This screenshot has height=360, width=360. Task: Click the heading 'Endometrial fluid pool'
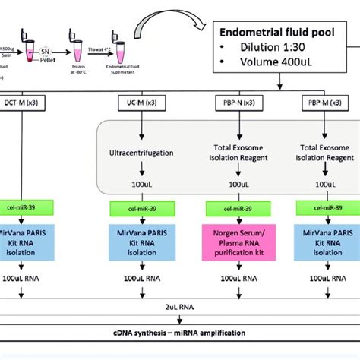[x=283, y=32]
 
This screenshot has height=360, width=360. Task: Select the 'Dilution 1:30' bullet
[x=266, y=49]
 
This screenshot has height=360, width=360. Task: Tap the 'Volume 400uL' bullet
[x=270, y=64]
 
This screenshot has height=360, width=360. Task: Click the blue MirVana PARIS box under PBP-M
[x=326, y=240]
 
